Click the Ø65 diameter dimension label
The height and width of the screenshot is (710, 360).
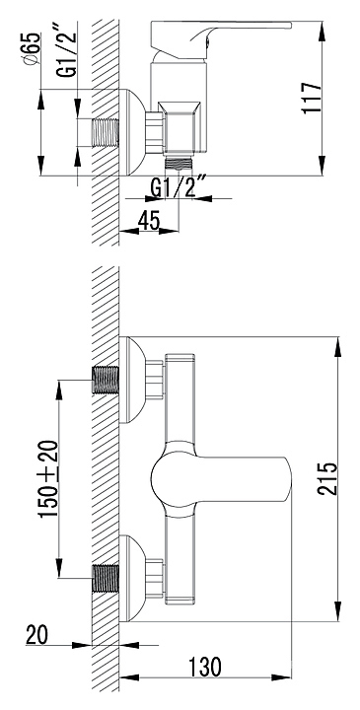point(33,50)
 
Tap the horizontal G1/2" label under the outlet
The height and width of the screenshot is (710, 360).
point(179,187)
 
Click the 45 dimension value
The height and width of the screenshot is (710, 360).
point(149,221)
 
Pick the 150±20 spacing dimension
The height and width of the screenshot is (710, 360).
point(48,479)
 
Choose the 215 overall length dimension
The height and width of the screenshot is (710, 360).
point(327,479)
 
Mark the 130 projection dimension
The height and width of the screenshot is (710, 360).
point(205,666)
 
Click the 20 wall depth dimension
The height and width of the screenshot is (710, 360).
point(37,634)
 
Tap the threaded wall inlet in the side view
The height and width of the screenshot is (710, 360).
point(106,133)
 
